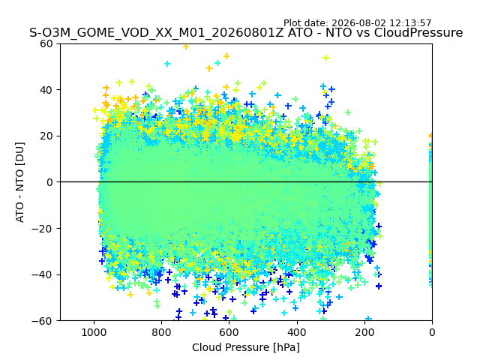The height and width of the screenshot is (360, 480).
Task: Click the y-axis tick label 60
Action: [x=46, y=43]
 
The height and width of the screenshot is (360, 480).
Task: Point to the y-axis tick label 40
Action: [x=46, y=90]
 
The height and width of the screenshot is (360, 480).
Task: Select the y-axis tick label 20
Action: [x=46, y=136]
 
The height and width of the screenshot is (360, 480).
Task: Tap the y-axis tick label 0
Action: [x=49, y=182]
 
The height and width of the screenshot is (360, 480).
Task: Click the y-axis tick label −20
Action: [x=43, y=229]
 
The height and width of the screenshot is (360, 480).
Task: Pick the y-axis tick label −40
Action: [x=43, y=275]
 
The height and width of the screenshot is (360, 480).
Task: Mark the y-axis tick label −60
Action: [x=43, y=321]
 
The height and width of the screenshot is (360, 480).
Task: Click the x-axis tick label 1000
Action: [x=94, y=332]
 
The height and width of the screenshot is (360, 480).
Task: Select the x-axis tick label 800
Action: [x=162, y=332]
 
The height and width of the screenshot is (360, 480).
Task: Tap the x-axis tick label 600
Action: [x=229, y=332]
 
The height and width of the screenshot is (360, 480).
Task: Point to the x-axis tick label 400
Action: [x=297, y=332]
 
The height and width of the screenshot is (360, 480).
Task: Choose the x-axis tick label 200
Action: [x=364, y=332]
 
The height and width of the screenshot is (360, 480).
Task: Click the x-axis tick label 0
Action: [x=432, y=332]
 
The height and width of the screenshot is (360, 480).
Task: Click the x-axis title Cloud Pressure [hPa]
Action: [x=246, y=347]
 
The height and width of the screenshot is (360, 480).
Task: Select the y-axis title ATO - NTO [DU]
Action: [x=20, y=182]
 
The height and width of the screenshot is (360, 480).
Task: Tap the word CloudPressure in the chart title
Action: [x=418, y=33]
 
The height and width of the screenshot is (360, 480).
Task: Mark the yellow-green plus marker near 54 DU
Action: [x=326, y=58]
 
